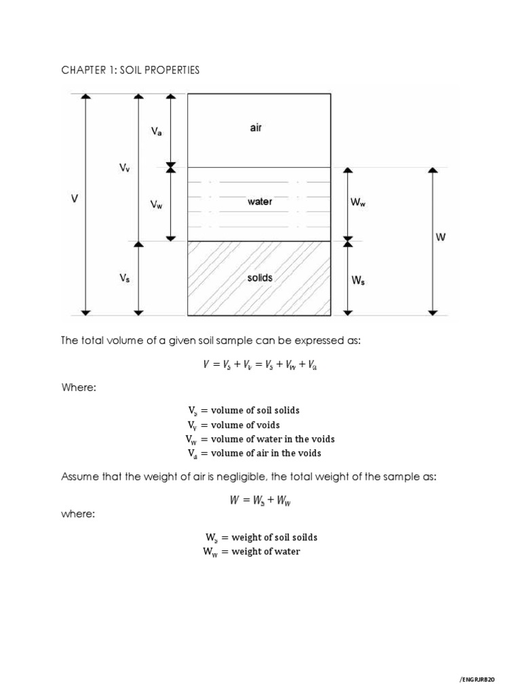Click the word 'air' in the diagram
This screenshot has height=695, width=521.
point(255,128)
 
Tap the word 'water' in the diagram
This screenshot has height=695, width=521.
point(260,202)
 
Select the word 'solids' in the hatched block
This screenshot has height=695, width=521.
point(260,278)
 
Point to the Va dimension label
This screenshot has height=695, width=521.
point(156,132)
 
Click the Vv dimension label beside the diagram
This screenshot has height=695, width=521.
point(124,169)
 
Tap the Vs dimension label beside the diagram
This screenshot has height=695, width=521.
point(124,278)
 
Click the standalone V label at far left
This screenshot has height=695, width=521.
point(75,199)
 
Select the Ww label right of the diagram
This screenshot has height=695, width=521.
point(358,202)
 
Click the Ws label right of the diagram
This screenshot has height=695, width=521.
point(358,280)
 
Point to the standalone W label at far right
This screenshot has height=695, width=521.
point(441,237)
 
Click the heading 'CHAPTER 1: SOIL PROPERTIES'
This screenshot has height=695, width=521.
point(130,71)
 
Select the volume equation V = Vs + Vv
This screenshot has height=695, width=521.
point(260,364)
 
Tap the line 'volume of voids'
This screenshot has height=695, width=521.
point(245,425)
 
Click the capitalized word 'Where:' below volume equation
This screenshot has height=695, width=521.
point(79,388)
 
